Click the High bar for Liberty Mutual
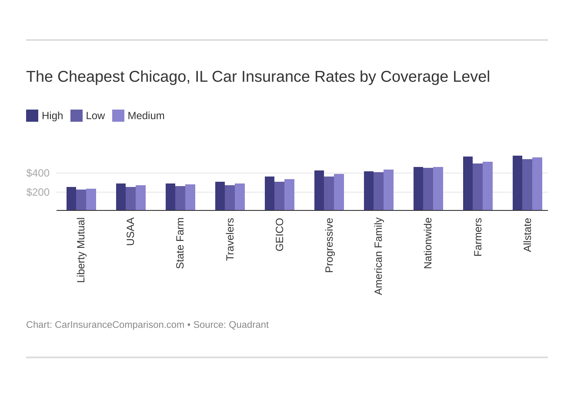click(x=71, y=199)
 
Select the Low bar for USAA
click(x=130, y=199)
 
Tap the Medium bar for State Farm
click(x=190, y=197)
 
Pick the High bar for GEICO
click(x=270, y=193)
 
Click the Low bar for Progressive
click(x=329, y=193)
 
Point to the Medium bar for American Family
click(x=388, y=190)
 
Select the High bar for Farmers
click(x=468, y=183)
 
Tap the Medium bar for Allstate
click(x=537, y=184)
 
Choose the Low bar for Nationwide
click(x=428, y=189)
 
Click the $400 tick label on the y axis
click(x=38, y=173)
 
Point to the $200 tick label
click(x=38, y=192)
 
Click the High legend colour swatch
click(x=32, y=116)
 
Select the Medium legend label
click(x=146, y=116)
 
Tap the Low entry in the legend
click(x=95, y=116)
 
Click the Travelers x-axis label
click(x=230, y=239)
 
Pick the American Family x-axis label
click(x=378, y=256)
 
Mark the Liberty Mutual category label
click(x=81, y=250)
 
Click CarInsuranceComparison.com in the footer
click(x=119, y=325)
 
